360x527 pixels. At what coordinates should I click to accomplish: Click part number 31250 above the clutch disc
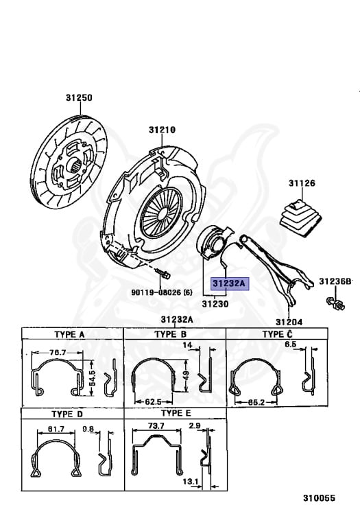79,98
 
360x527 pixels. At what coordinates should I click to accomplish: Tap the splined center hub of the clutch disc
75,166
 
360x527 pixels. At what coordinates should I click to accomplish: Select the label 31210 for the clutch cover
163,130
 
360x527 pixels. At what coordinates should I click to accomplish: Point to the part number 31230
215,304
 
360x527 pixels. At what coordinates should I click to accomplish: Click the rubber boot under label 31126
301,217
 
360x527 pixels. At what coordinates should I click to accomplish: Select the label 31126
302,183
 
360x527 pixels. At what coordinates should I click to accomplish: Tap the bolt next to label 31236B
335,303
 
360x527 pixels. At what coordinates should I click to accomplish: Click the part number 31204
289,322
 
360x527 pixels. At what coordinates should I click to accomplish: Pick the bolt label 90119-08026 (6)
162,292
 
